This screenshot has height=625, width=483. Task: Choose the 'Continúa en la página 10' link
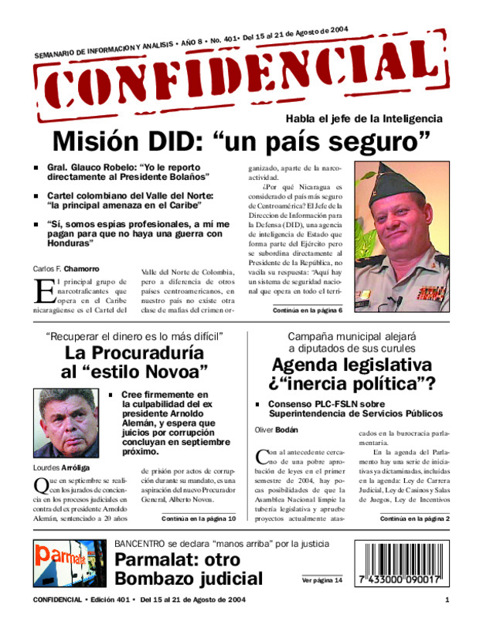tap(199, 518)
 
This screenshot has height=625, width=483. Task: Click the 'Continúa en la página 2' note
tap(414, 518)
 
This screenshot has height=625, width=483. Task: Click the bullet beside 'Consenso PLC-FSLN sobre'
tap(258, 405)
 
